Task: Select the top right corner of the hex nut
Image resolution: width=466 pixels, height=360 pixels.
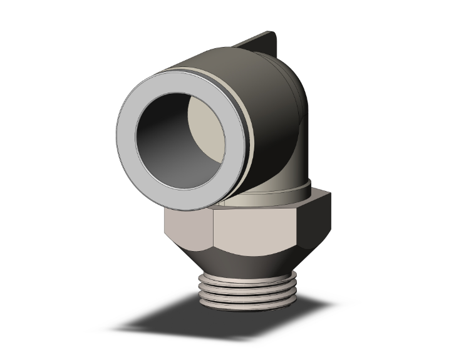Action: coord(328,199)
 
